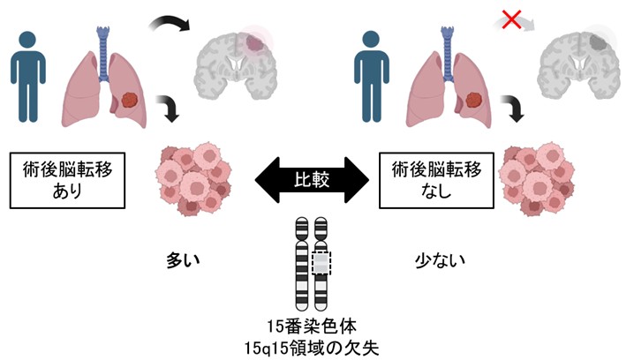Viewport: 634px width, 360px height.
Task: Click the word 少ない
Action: [x=440, y=262]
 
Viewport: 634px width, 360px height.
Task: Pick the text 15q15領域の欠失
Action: [x=315, y=342]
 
